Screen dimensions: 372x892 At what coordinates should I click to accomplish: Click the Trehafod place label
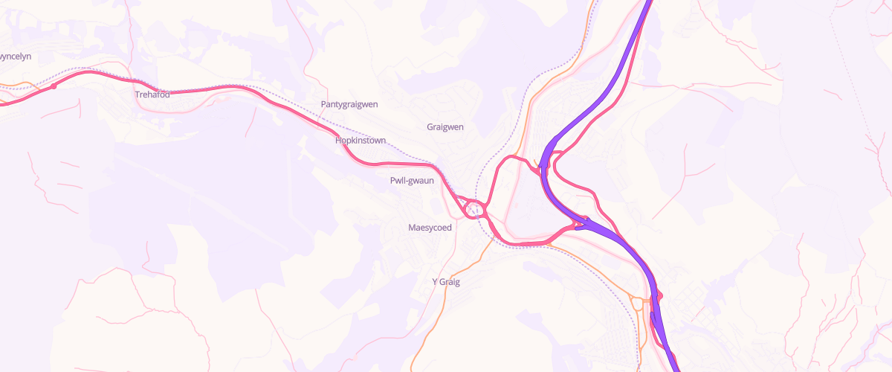(x=152, y=95)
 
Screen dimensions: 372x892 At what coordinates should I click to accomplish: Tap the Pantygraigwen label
(x=349, y=105)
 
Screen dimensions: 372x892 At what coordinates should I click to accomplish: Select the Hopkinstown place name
(x=361, y=140)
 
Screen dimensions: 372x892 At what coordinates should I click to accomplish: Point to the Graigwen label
(x=445, y=127)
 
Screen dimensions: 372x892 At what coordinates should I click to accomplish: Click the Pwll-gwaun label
(x=412, y=181)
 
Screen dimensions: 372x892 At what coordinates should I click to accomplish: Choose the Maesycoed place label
(x=430, y=228)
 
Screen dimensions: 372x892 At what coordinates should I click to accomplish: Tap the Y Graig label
(x=447, y=282)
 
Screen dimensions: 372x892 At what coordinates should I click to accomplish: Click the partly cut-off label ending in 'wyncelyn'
(x=15, y=57)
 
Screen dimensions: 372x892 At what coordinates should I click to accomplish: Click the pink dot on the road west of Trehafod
(x=54, y=87)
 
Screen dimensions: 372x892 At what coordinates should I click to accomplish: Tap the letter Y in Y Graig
(x=435, y=282)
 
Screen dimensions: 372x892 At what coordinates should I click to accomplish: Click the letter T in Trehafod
(x=138, y=95)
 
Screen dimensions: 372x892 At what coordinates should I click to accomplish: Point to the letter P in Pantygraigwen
(x=323, y=105)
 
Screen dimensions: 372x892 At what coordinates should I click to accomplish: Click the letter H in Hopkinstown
(x=338, y=140)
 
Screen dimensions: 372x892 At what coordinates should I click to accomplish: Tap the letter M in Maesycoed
(x=412, y=228)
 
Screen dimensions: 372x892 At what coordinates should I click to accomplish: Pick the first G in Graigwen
(x=430, y=127)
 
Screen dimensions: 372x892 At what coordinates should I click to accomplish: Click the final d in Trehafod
(x=167, y=95)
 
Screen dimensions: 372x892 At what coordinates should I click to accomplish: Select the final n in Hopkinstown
(x=383, y=140)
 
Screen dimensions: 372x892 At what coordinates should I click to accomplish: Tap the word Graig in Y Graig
(x=450, y=282)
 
